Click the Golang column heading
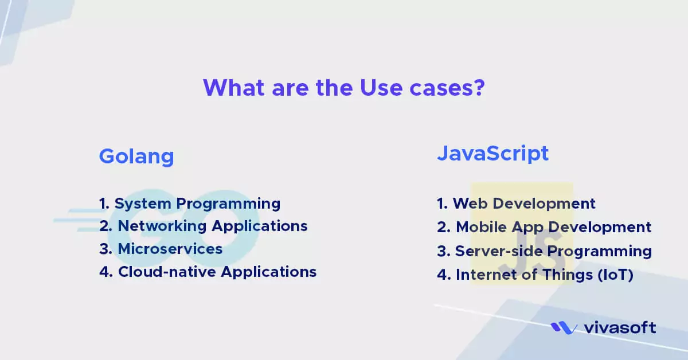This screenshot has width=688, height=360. pyautogui.click(x=136, y=157)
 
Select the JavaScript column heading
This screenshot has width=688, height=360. pyautogui.click(x=493, y=153)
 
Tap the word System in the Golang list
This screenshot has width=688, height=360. pyautogui.click(x=143, y=204)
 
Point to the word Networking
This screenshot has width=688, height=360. pyautogui.click(x=162, y=226)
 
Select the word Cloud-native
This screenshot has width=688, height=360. pyautogui.click(x=167, y=272)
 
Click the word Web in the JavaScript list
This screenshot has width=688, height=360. pyautogui.click(x=470, y=204)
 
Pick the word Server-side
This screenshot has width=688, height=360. pyautogui.click(x=499, y=251)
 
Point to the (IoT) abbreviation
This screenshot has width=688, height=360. pyautogui.click(x=616, y=275)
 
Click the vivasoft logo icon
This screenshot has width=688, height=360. pyautogui.click(x=564, y=328)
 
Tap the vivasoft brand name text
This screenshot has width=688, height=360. pyautogui.click(x=620, y=327)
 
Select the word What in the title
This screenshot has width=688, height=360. pyautogui.click(x=234, y=88)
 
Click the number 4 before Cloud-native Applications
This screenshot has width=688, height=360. pyautogui.click(x=106, y=272)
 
